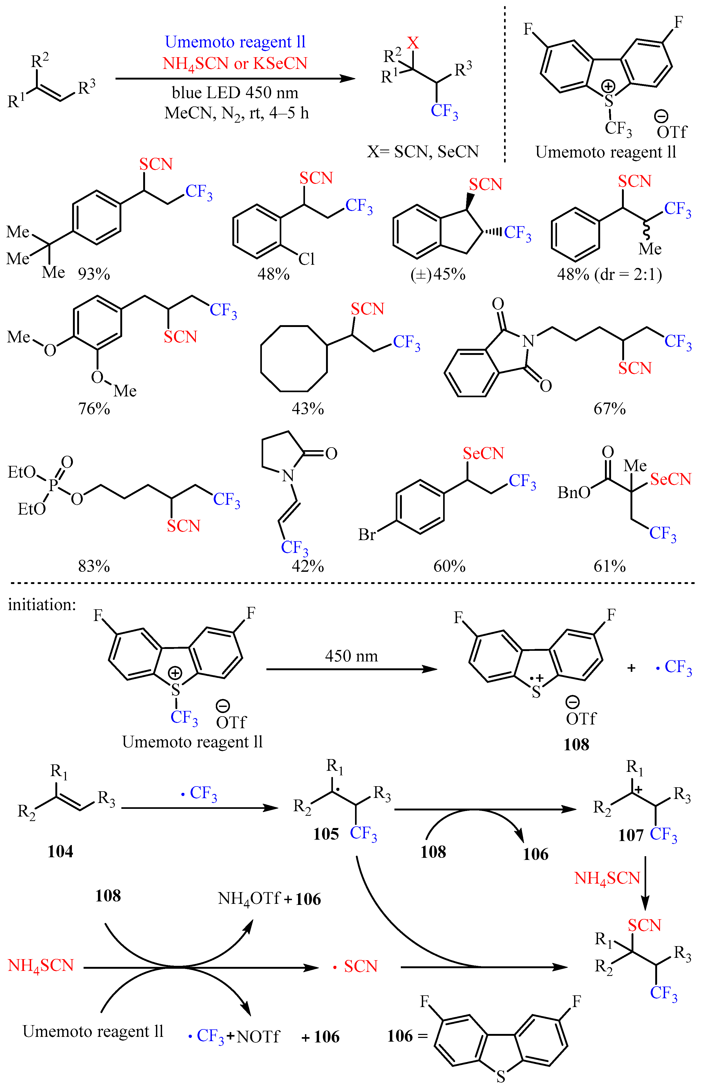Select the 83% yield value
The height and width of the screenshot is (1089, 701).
pyautogui.click(x=94, y=566)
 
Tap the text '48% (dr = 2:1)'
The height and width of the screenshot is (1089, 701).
pyautogui.click(x=609, y=274)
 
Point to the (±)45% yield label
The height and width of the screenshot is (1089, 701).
pyautogui.click(x=438, y=274)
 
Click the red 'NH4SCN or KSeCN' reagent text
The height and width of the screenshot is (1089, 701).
pyautogui.click(x=235, y=64)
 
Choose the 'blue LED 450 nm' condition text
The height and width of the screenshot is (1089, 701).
pyautogui.click(x=235, y=93)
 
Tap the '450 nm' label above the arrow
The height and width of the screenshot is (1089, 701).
pyautogui.click(x=351, y=656)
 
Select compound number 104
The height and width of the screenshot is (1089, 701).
pyautogui.click(x=60, y=851)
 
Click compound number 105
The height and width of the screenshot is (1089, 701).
pyautogui.click(x=326, y=834)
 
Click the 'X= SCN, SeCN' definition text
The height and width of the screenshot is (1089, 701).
pyautogui.click(x=423, y=152)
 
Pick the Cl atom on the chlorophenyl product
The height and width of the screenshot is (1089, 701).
pyautogui.click(x=306, y=259)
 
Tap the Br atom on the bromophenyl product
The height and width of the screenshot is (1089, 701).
pyautogui.click(x=367, y=534)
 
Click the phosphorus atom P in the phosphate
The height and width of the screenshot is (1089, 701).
pyautogui.click(x=53, y=485)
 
